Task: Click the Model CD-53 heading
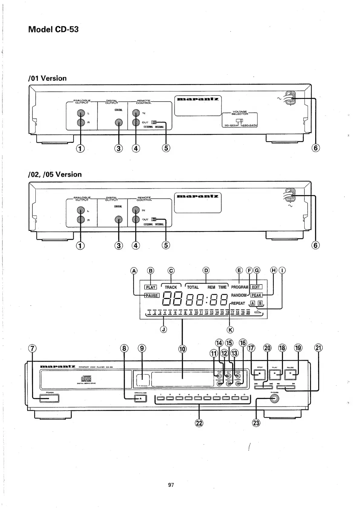coord(53,29)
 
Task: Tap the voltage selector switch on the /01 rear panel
coord(240,121)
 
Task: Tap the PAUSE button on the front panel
coord(290,374)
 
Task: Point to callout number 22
coord(199,423)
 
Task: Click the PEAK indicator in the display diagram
coord(256,295)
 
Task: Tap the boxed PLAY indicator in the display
coord(150,287)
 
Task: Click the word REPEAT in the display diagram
coord(238,303)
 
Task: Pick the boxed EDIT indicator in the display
coord(256,287)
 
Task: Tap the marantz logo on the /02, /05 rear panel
coord(198,196)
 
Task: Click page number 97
coord(171,485)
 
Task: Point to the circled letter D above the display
coord(206,270)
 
